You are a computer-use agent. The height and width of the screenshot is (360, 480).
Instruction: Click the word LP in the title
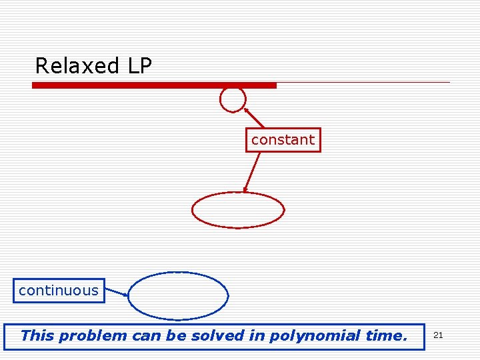tap(139, 66)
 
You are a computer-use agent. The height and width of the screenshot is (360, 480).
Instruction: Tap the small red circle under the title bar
tap(233, 99)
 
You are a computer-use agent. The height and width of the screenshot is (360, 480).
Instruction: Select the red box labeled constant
tap(283, 140)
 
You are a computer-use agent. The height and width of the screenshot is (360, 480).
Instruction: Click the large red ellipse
tap(238, 211)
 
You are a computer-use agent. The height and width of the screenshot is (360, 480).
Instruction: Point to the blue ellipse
tap(178, 295)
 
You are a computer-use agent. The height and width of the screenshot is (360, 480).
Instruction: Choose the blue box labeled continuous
tap(59, 291)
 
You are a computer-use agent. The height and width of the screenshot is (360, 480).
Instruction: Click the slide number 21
tap(438, 335)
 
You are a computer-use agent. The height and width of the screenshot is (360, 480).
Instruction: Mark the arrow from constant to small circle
tap(253, 117)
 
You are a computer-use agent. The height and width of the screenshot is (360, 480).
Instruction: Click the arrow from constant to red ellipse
tap(251, 173)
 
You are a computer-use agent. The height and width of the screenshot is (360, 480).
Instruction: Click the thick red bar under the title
tap(154, 85)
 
